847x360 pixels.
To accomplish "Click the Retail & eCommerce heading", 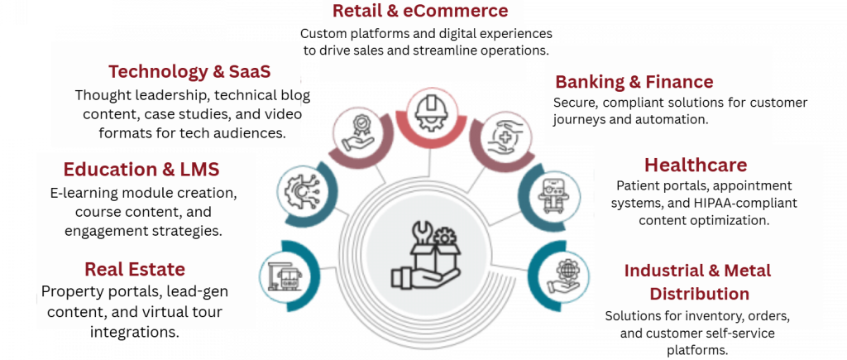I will tap(419, 12).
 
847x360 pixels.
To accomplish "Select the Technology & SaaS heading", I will tap(189, 72).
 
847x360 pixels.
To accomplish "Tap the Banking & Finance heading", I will tap(634, 82).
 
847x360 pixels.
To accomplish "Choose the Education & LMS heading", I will tap(141, 170).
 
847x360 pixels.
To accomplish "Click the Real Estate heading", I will tap(134, 269).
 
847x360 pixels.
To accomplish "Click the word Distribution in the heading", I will tap(699, 294).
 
